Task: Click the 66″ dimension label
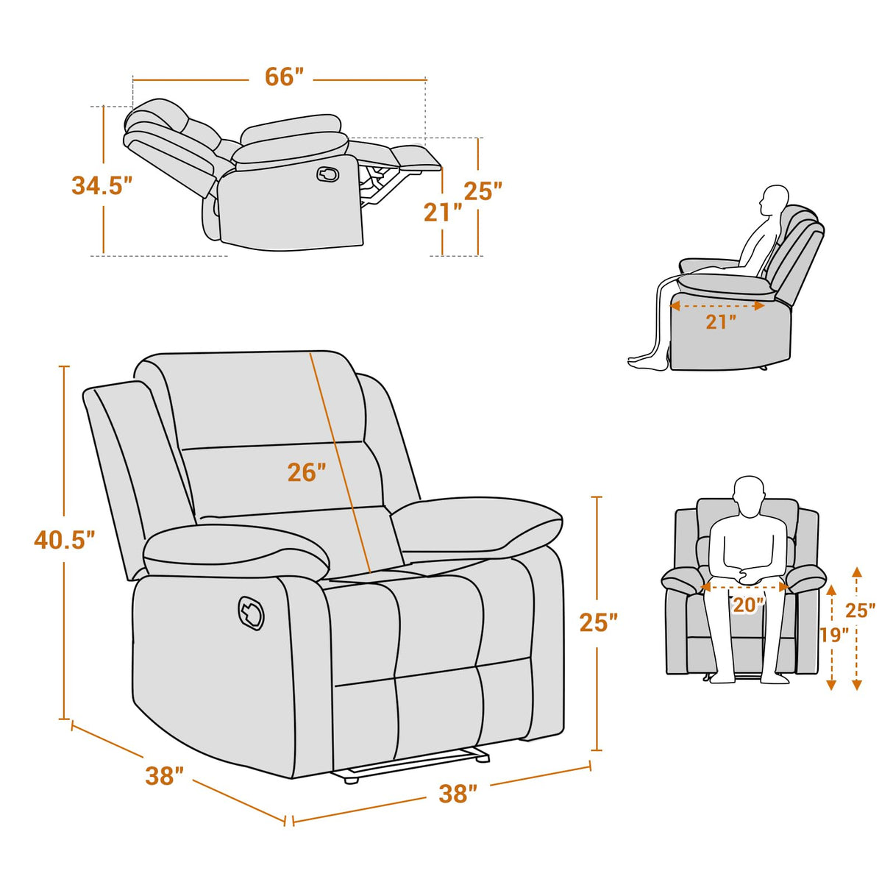tap(284, 77)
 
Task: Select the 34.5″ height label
tap(102, 185)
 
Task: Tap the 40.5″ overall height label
tap(65, 540)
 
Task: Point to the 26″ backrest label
tap(306, 472)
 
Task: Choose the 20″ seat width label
tap(747, 605)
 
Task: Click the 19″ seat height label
tap(833, 634)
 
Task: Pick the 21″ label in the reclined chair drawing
tap(442, 213)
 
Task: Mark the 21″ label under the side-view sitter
tap(721, 322)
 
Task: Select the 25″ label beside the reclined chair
tap(483, 191)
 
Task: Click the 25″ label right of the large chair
tap(598, 622)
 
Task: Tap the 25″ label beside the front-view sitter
tap(860, 611)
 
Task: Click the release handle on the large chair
tap(251, 613)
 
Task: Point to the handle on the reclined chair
tap(328, 174)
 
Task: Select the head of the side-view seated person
tap(774, 200)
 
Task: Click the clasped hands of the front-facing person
tap(748, 576)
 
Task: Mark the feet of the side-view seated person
tap(646, 363)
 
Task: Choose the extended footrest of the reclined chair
tap(416, 157)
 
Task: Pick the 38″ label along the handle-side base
tap(164, 775)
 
